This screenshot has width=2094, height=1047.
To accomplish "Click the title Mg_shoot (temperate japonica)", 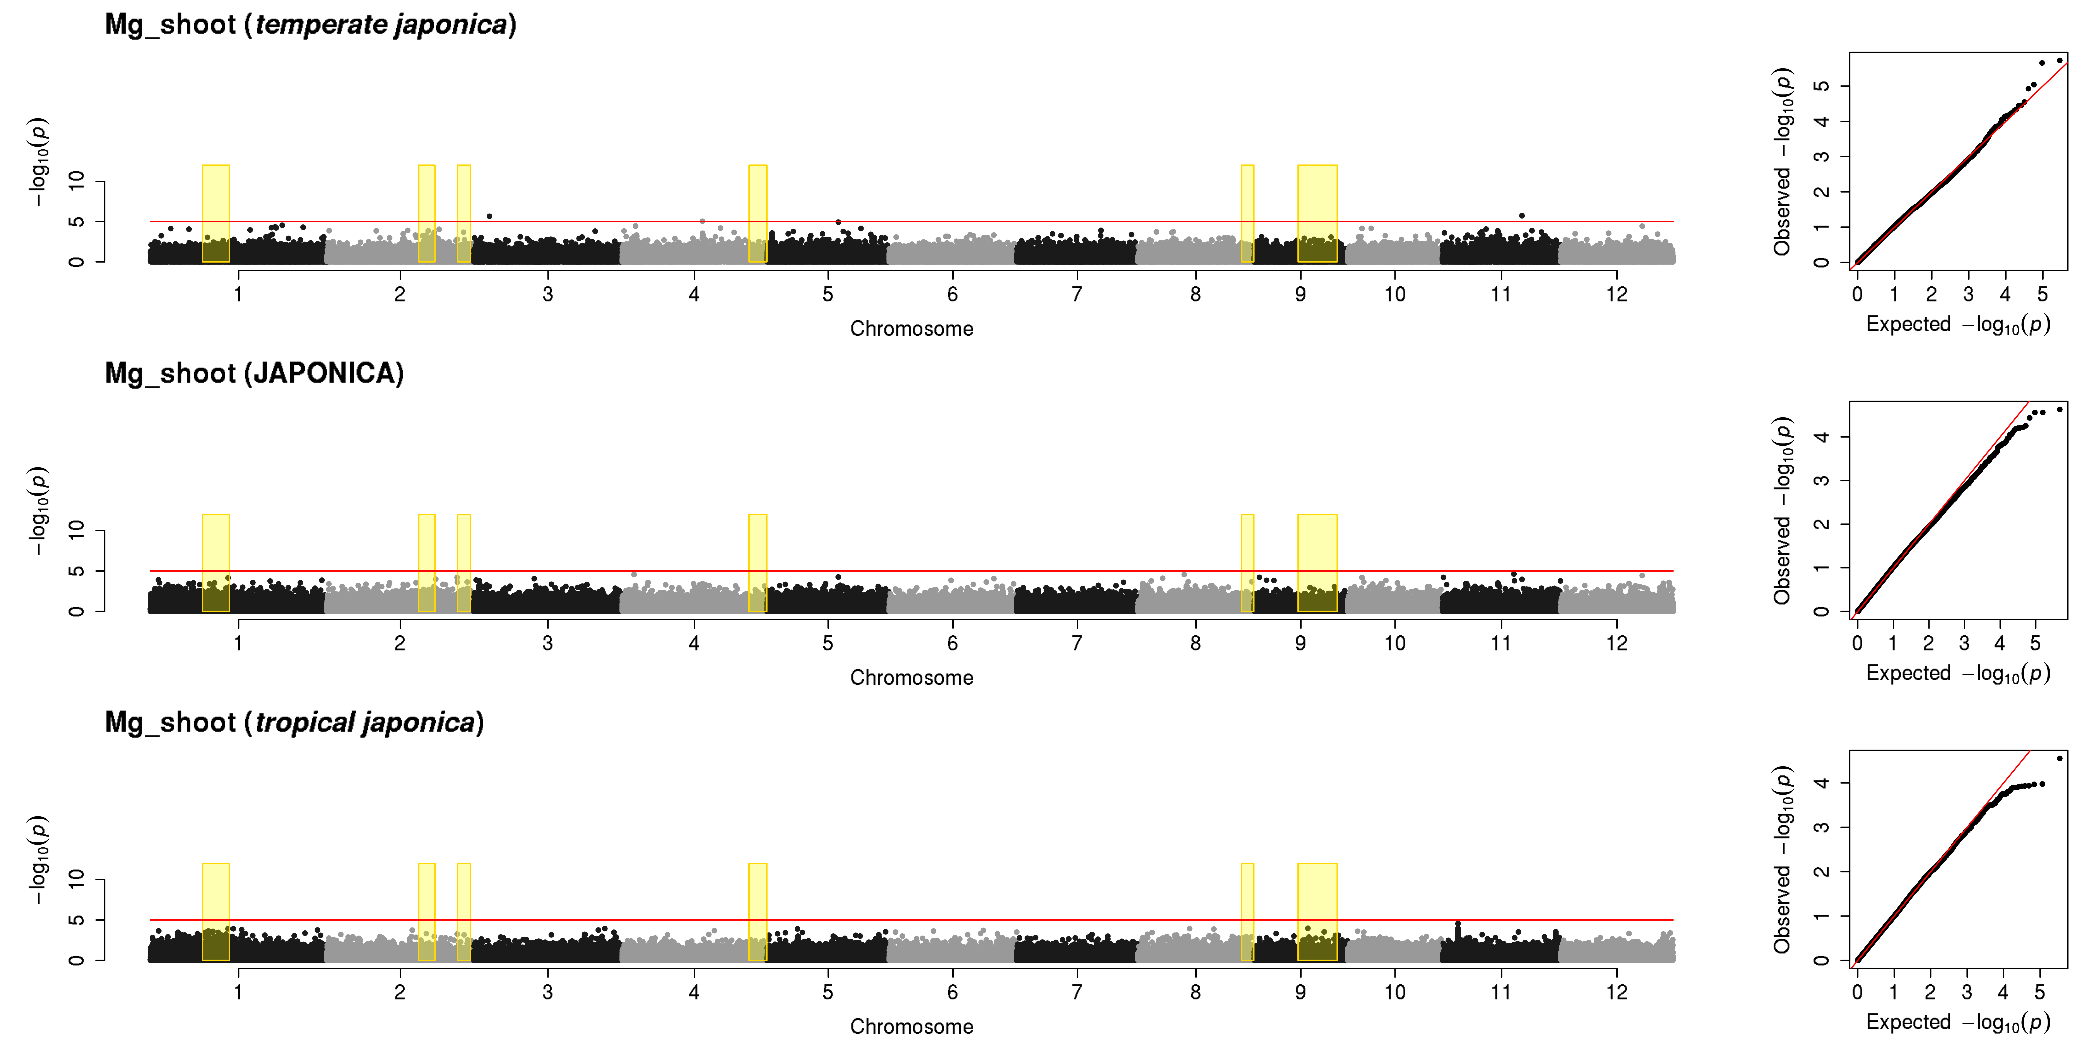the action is (x=311, y=24).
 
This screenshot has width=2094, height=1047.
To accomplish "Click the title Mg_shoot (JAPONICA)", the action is (x=254, y=373).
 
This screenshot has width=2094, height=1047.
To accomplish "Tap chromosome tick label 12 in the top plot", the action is (x=1617, y=294).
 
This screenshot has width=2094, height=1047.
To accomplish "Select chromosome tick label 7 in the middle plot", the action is (x=1077, y=643).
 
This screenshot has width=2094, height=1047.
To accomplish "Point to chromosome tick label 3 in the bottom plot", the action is (x=548, y=992).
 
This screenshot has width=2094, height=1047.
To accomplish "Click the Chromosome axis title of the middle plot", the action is (x=911, y=678).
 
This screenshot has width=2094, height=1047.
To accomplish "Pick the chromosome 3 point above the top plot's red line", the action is (x=489, y=216).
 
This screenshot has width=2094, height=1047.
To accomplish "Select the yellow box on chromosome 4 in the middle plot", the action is (x=758, y=563).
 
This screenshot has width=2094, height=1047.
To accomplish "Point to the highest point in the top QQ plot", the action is (x=2059, y=60).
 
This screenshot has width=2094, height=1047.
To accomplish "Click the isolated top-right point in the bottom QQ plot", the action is (x=2059, y=758).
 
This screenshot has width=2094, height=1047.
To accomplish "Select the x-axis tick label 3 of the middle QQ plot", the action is (x=1964, y=643).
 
